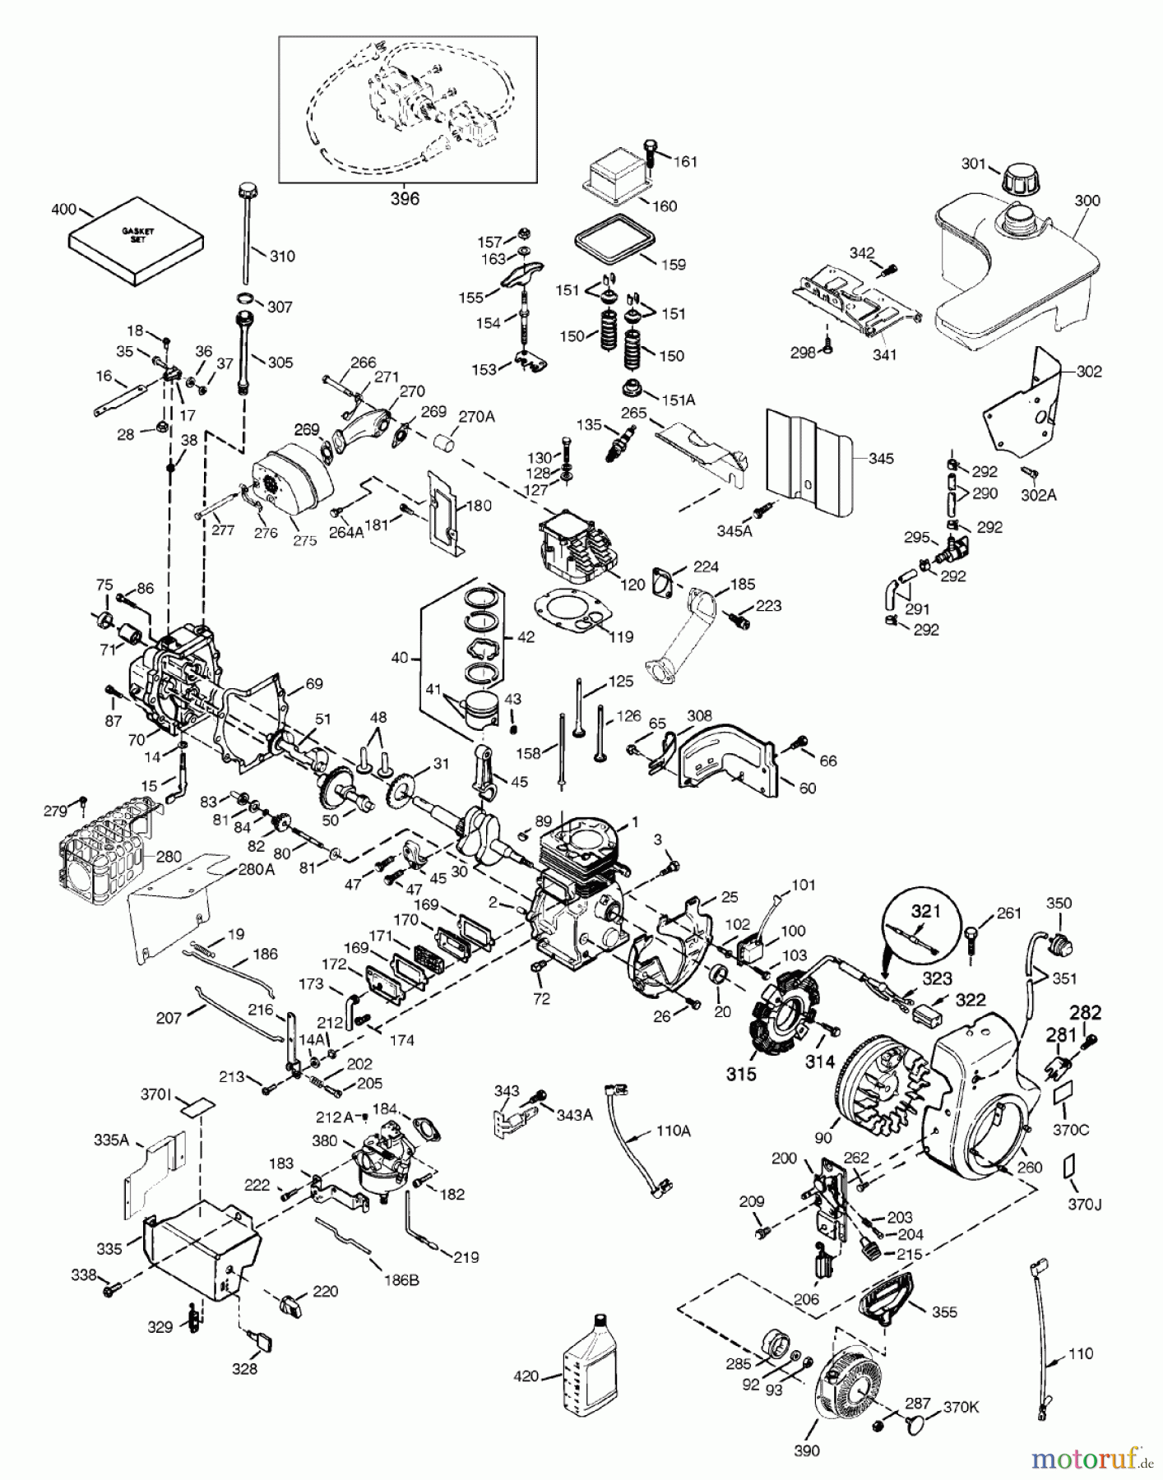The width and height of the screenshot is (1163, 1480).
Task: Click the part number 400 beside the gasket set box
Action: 64,210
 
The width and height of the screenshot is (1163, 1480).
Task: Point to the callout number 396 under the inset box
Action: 404,198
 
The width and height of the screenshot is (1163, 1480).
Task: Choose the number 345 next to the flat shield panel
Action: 880,458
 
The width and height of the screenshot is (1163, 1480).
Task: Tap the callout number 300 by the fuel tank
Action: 1087,201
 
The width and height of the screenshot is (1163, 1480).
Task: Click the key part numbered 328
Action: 265,1341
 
